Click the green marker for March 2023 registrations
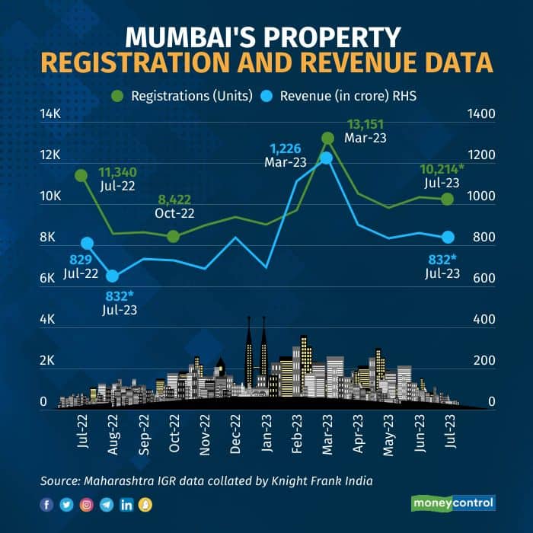[x=327, y=139]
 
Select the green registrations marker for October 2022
[x=173, y=236]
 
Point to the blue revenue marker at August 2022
[x=112, y=276]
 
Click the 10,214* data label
[x=439, y=168]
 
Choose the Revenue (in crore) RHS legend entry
[x=330, y=97]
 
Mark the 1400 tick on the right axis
[x=481, y=114]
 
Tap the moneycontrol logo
[x=454, y=503]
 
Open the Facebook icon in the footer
[x=47, y=504]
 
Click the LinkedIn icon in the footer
[x=126, y=504]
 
